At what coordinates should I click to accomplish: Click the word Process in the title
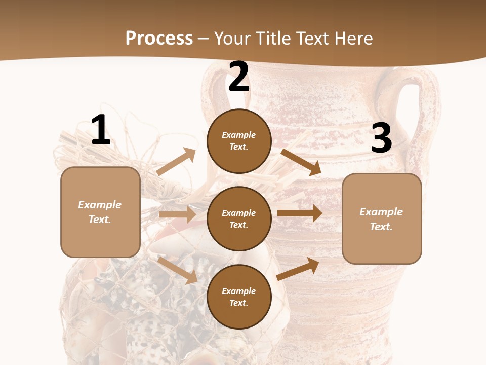click(x=159, y=38)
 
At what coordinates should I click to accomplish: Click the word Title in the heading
click(x=272, y=38)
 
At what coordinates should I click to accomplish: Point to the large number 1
click(x=100, y=130)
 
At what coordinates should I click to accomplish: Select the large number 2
click(x=239, y=77)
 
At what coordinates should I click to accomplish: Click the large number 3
click(x=381, y=138)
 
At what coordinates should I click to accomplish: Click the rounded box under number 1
click(x=100, y=212)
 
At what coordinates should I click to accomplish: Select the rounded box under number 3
click(x=382, y=219)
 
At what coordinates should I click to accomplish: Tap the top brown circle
click(x=239, y=141)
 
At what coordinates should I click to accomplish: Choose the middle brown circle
click(x=239, y=218)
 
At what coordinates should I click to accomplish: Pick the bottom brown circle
click(x=239, y=297)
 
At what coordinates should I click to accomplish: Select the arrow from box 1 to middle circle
click(x=177, y=214)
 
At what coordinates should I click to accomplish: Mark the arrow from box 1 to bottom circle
click(x=178, y=270)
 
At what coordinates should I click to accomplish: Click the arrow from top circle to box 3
click(x=301, y=162)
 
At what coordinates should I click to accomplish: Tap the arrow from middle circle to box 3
click(x=300, y=213)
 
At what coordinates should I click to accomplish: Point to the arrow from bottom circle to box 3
click(x=298, y=269)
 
